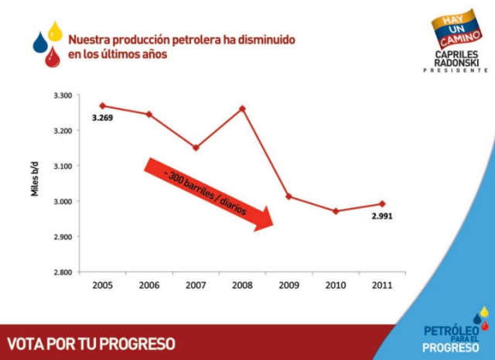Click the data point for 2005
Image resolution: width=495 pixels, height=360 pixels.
(x=102, y=105)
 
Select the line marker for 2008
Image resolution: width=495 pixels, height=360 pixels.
(x=242, y=108)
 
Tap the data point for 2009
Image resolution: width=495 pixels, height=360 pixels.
(x=288, y=197)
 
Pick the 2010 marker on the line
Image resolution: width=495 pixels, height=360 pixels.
(x=335, y=211)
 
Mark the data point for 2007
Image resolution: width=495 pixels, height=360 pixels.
(x=196, y=147)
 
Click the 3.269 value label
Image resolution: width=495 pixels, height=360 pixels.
(x=103, y=118)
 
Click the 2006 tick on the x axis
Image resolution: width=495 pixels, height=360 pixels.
(x=148, y=285)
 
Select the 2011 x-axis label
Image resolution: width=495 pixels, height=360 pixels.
(x=381, y=285)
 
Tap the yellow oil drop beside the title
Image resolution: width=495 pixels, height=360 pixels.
(x=55, y=31)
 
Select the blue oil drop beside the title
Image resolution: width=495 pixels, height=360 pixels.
(x=40, y=43)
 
